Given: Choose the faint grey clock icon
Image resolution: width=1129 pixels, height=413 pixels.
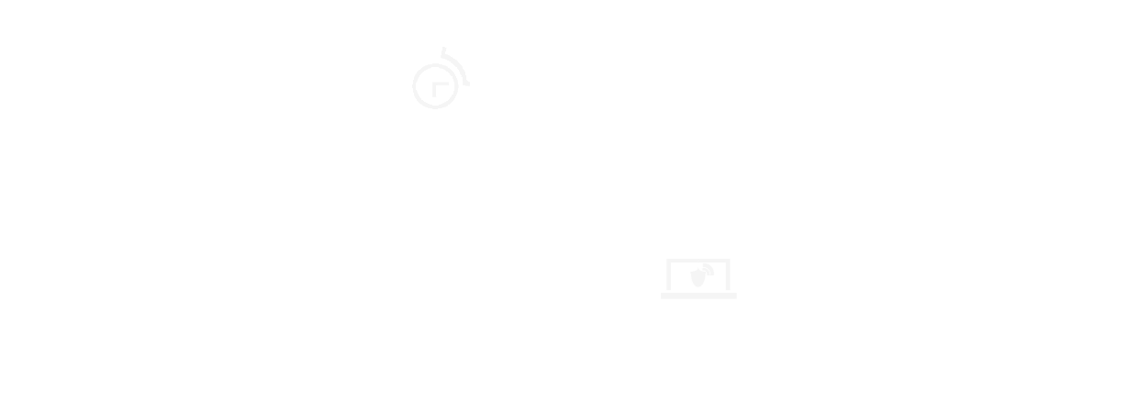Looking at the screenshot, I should pyautogui.click(x=440, y=81).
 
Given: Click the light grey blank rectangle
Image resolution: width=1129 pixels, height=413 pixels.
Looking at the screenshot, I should pyautogui.click(x=699, y=279).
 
